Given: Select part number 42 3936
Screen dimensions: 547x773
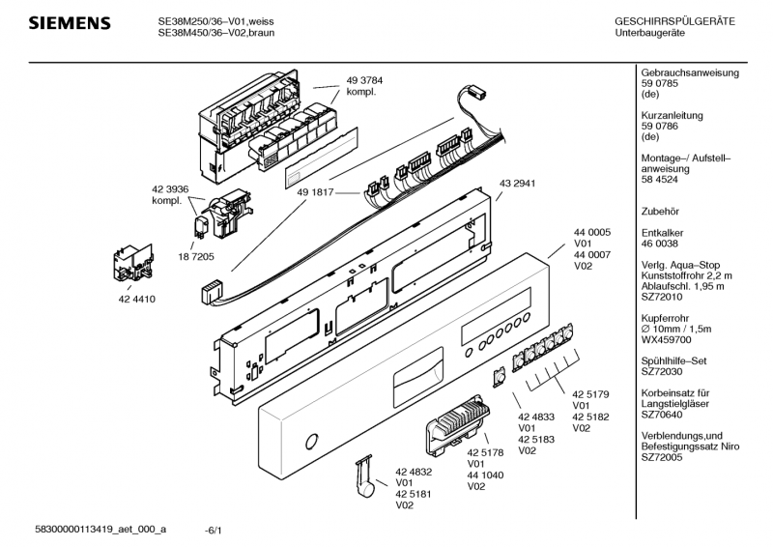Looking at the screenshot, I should (x=170, y=189).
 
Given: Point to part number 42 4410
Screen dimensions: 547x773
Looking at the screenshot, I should (x=137, y=299).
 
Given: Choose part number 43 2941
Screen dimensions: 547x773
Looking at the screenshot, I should (x=517, y=184).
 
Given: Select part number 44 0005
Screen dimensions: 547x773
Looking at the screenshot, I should (x=592, y=233).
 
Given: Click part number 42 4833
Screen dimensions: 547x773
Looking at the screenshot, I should (x=537, y=417).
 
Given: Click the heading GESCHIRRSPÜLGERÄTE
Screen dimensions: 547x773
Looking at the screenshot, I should (x=674, y=21).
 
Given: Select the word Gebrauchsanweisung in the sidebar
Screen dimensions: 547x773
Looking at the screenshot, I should (x=690, y=73).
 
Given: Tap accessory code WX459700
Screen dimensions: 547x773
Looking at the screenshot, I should (x=667, y=341).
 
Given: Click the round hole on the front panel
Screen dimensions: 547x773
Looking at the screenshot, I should (x=310, y=443).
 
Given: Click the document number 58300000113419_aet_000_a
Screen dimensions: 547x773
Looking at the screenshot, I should (x=100, y=530).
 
